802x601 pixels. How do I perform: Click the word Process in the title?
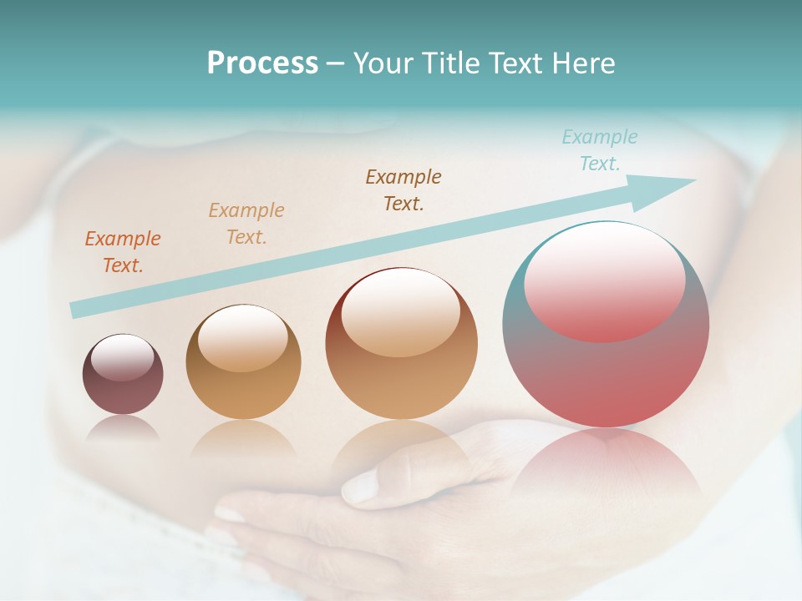pyautogui.click(x=262, y=63)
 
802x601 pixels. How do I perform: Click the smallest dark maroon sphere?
pyautogui.click(x=123, y=375)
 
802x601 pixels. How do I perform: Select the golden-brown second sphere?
pyautogui.click(x=243, y=362)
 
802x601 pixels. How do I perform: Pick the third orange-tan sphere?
pyautogui.click(x=401, y=344)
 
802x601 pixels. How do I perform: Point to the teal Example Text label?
pyautogui.click(x=599, y=150)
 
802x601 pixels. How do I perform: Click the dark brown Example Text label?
pyautogui.click(x=404, y=189)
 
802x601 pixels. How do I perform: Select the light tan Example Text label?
pyautogui.click(x=246, y=223)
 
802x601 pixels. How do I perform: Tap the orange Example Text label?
pyautogui.click(x=123, y=251)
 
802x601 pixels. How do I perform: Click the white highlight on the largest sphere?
pyautogui.click(x=604, y=280)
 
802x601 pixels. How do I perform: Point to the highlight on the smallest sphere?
pyautogui.click(x=123, y=357)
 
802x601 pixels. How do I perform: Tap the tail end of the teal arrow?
pyautogui.click(x=77, y=310)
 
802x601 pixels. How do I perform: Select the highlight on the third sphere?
pyautogui.click(x=401, y=312)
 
